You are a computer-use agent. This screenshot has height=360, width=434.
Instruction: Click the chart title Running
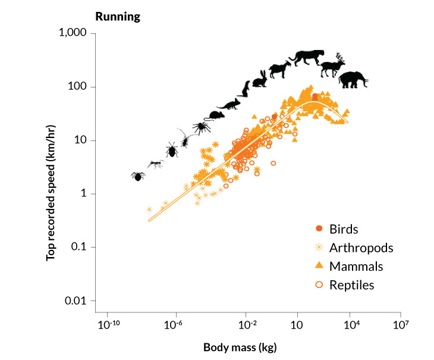click(118, 16)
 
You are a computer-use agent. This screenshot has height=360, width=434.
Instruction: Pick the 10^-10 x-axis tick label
click(107, 325)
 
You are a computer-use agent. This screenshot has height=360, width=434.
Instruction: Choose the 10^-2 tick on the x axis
click(246, 325)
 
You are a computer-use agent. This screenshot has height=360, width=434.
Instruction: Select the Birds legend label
click(345, 228)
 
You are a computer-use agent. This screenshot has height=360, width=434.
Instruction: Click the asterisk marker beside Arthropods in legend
click(319, 247)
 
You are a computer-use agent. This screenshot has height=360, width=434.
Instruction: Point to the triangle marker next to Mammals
click(319, 265)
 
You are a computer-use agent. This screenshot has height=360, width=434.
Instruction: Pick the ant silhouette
click(155, 164)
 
